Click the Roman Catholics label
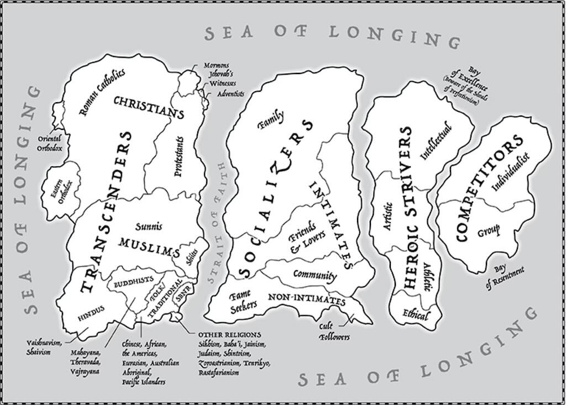[102, 91]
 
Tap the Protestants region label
[179, 160]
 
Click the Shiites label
[192, 256]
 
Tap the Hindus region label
[91, 317]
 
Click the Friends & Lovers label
[303, 238]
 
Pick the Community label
[315, 275]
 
